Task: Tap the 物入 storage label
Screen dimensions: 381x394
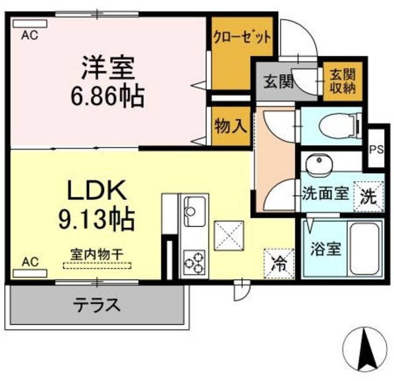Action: pyautogui.click(x=231, y=126)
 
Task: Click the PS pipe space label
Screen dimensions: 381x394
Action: pyautogui.click(x=375, y=149)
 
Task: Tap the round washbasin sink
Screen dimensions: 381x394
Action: pyautogui.click(x=318, y=164)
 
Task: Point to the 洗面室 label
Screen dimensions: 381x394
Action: pyautogui.click(x=326, y=194)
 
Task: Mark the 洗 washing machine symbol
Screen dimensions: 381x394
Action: pyautogui.click(x=368, y=196)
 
